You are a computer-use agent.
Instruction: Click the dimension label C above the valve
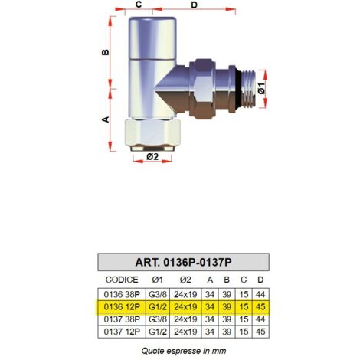pos(139,5)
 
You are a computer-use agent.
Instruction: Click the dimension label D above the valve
pos(195,5)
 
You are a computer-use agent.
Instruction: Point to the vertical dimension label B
pos(106,52)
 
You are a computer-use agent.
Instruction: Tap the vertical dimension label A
pos(106,119)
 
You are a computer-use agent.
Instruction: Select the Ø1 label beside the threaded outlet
pos(262,88)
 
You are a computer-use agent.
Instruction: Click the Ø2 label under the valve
pos(152,156)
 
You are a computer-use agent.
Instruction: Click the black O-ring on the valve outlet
pos(238,89)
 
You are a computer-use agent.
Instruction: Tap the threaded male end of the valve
pos(248,89)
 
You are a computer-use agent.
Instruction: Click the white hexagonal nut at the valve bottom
pos(152,133)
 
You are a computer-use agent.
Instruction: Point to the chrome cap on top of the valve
pos(152,38)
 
